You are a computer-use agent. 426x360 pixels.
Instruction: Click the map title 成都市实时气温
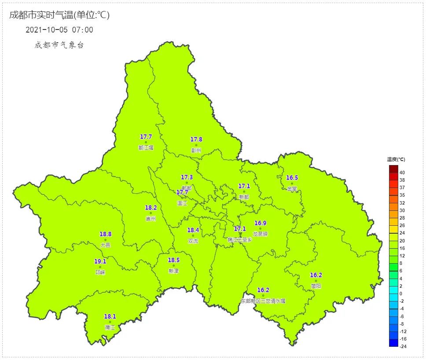click(x=59, y=15)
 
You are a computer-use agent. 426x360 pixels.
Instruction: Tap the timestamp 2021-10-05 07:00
click(x=59, y=30)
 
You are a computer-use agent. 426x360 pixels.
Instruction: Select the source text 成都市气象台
click(x=59, y=45)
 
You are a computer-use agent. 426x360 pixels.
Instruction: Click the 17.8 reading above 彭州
click(x=196, y=140)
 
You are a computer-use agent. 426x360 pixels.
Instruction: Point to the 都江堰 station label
click(x=146, y=148)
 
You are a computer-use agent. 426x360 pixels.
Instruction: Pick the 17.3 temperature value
click(x=187, y=177)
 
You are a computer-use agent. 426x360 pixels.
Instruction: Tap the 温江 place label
click(x=182, y=203)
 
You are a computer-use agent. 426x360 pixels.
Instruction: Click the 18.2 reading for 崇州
click(x=151, y=208)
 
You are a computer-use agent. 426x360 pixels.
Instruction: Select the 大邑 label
click(x=105, y=245)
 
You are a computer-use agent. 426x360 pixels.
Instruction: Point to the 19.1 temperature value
click(x=100, y=261)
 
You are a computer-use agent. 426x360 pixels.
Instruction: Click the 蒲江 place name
click(x=110, y=327)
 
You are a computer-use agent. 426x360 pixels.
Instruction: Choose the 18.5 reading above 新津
click(x=174, y=260)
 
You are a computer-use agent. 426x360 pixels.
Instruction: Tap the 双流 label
click(x=193, y=241)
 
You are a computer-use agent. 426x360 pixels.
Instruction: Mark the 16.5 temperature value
click(x=292, y=178)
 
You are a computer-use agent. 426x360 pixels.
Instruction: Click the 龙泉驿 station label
click(x=261, y=234)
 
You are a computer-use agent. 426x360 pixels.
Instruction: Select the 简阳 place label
click(x=316, y=286)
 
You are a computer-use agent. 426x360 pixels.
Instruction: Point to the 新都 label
click(x=244, y=197)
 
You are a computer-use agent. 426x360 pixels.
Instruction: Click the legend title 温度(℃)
click(x=396, y=159)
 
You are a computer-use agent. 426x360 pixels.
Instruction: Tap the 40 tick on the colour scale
click(x=402, y=173)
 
